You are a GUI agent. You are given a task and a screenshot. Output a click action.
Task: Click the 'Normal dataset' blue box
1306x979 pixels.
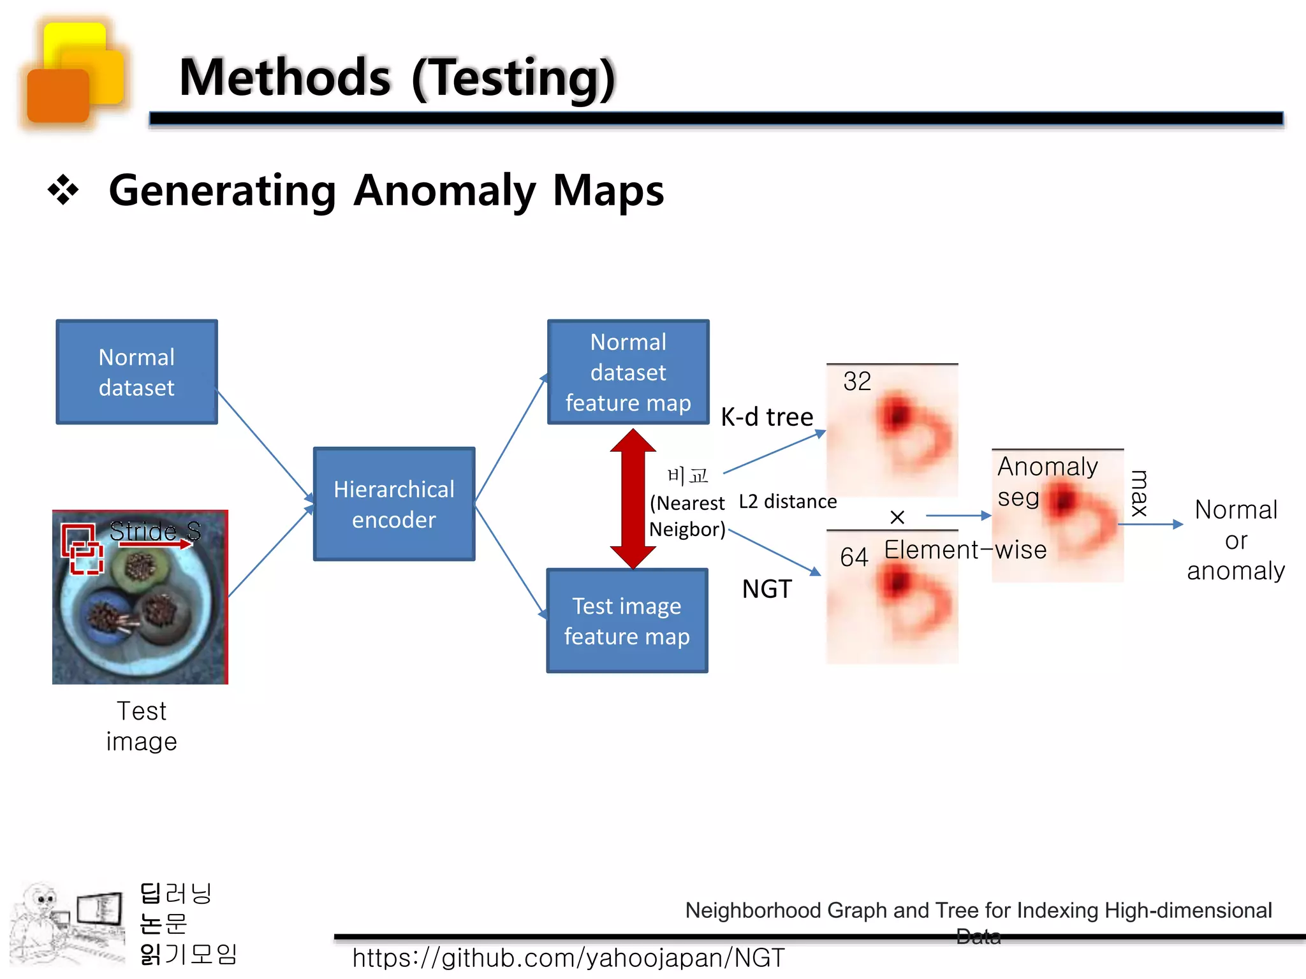(x=136, y=372)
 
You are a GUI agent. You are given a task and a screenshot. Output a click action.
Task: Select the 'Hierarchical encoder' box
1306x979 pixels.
(x=394, y=504)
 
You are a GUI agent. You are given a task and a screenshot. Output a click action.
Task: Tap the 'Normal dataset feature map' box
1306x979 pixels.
(x=628, y=372)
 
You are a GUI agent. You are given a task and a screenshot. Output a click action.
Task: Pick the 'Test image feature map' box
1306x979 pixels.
(x=627, y=621)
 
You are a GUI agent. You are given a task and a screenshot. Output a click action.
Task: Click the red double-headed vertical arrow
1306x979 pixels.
(x=633, y=499)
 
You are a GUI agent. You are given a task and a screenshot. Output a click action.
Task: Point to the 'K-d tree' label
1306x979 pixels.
(x=767, y=417)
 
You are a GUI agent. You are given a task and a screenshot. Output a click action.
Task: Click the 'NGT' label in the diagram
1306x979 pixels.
(x=767, y=589)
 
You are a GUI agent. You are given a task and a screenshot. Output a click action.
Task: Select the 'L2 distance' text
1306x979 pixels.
(x=788, y=502)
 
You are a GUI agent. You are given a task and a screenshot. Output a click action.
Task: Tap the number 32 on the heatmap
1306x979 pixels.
(x=856, y=382)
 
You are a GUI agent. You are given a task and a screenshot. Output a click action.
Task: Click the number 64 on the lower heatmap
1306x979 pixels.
(x=854, y=558)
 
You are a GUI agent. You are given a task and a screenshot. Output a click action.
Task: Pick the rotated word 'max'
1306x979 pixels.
(x=1139, y=493)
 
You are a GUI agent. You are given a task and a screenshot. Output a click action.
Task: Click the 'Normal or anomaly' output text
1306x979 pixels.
(x=1235, y=540)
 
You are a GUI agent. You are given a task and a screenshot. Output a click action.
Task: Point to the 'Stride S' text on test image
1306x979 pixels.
(x=155, y=531)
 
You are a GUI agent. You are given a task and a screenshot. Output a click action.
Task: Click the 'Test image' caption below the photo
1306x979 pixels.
(x=142, y=726)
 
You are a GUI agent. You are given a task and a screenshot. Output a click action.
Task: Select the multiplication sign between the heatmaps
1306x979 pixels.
(x=897, y=517)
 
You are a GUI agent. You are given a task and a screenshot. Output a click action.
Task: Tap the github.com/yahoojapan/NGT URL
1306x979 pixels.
(x=568, y=958)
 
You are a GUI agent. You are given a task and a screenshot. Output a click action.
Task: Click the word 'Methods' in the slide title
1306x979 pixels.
(x=285, y=78)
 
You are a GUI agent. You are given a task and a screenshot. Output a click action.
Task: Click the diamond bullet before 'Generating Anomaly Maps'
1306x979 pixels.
(x=63, y=190)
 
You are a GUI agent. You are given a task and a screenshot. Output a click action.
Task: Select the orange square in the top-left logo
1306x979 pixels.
(x=58, y=96)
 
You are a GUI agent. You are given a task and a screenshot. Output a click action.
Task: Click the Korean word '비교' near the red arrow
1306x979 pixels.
(x=687, y=475)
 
